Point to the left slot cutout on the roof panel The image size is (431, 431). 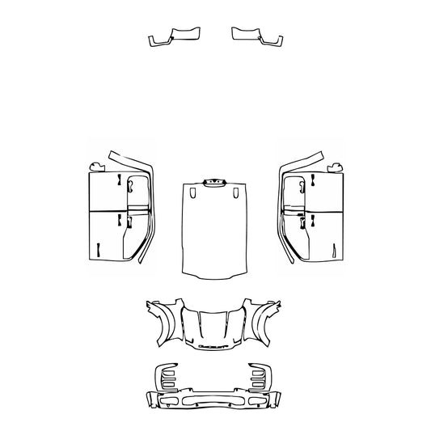(192, 193)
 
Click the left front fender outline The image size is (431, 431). (164, 319)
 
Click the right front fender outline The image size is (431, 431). (265, 319)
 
